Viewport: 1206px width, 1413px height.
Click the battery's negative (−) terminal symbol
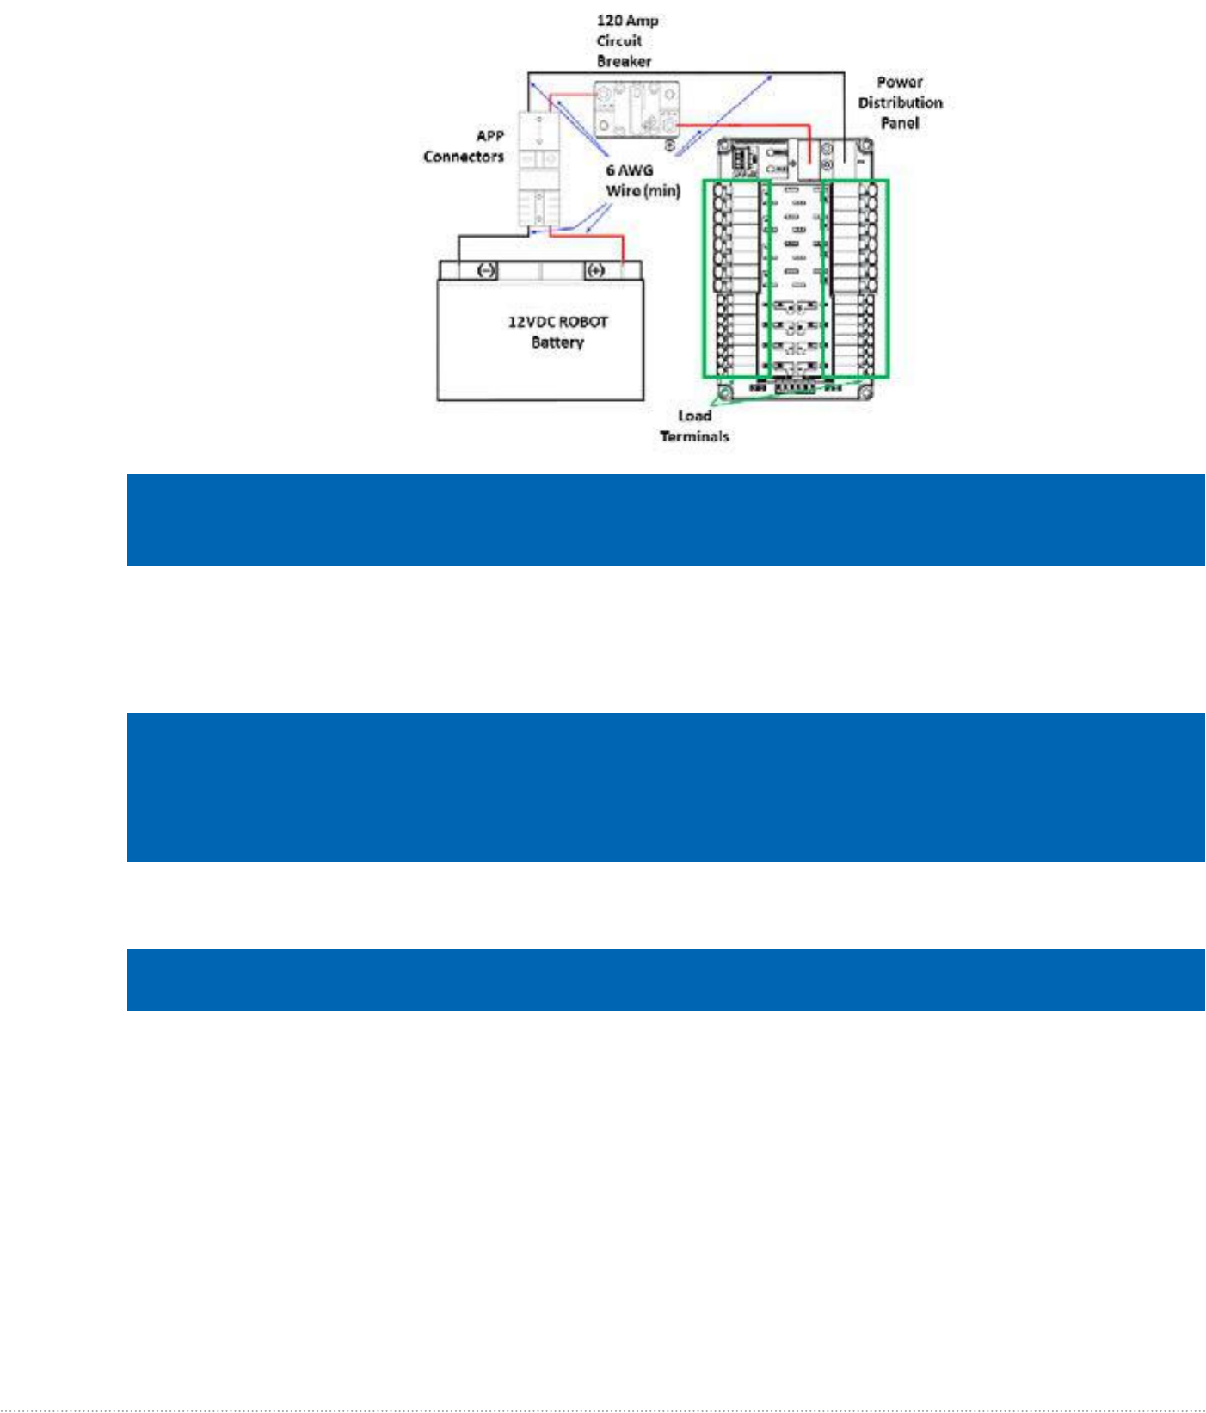(x=486, y=270)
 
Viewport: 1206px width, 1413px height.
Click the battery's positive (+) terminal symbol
(x=595, y=270)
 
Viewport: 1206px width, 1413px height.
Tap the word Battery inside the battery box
(x=557, y=342)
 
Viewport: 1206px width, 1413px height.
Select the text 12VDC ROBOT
(x=557, y=322)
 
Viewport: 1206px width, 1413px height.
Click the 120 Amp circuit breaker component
(x=637, y=109)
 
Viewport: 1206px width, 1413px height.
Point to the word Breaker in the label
(x=624, y=61)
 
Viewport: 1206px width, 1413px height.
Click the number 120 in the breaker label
(x=609, y=20)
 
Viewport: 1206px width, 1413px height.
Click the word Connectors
(x=463, y=157)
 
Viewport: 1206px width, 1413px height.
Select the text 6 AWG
(x=629, y=170)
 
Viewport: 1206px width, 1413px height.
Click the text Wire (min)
(x=643, y=191)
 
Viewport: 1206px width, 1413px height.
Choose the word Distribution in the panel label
(x=900, y=102)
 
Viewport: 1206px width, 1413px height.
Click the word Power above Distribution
(x=900, y=82)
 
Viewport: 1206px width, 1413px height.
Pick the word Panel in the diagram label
(x=900, y=123)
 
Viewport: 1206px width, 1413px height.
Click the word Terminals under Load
(x=694, y=436)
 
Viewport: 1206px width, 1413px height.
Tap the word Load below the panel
(x=694, y=416)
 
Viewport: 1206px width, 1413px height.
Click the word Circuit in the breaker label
(x=618, y=40)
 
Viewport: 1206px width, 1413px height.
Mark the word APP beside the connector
(x=489, y=136)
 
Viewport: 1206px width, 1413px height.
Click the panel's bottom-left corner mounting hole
(x=725, y=393)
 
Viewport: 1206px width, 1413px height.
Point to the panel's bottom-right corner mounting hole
(x=865, y=393)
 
